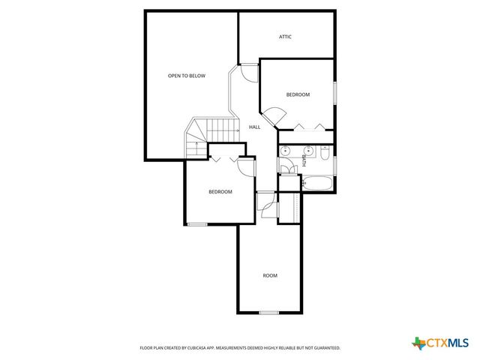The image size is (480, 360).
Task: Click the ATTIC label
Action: pos(285,37)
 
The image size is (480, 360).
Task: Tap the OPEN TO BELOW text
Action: pos(186,76)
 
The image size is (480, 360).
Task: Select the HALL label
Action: pos(254,127)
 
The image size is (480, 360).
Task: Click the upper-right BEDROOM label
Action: pos(298,94)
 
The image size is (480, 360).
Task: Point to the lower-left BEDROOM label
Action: pos(220,192)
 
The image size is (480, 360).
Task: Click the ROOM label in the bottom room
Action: pos(270,276)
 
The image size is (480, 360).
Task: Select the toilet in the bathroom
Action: pos(325,153)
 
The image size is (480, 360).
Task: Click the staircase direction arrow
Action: pos(196,140)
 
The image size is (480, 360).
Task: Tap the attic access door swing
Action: pos(248,73)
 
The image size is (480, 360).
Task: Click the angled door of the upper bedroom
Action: pos(276,116)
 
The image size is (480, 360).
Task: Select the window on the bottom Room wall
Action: pos(269,312)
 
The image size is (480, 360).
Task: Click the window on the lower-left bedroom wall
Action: pos(197,223)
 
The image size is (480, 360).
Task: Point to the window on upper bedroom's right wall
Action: pos(335,90)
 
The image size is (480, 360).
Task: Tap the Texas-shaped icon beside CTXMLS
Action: pos(418,343)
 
